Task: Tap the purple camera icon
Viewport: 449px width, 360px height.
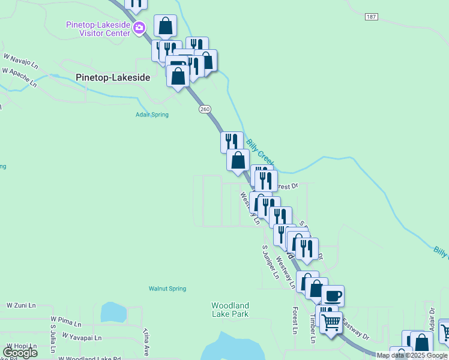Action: (x=139, y=28)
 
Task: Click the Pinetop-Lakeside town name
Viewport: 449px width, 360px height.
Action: (x=113, y=77)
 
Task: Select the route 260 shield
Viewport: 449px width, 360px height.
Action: (x=204, y=109)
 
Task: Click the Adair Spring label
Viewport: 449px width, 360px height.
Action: (x=152, y=115)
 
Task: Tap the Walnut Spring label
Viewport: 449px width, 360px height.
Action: (x=167, y=289)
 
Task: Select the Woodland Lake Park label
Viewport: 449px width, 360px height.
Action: (x=230, y=310)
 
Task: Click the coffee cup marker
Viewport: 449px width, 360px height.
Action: (x=333, y=295)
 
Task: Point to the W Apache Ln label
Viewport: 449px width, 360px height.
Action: (x=19, y=77)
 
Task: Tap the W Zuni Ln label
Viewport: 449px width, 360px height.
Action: (x=21, y=306)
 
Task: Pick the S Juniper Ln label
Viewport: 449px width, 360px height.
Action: (x=271, y=262)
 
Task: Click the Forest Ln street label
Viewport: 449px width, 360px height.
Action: (x=295, y=320)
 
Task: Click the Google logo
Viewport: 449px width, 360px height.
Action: (x=20, y=353)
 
